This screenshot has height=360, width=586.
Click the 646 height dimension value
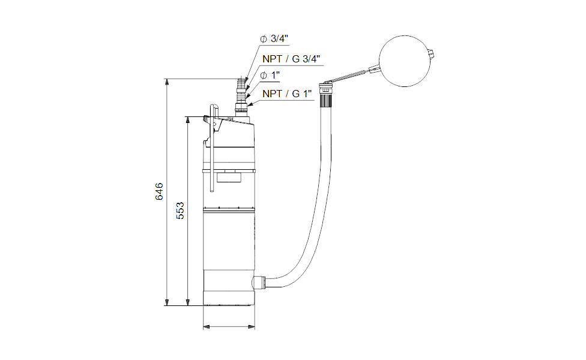(x=159, y=191)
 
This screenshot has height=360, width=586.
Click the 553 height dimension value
(x=180, y=211)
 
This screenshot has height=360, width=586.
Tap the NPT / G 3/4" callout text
(x=291, y=59)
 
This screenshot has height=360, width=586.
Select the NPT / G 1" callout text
(x=287, y=94)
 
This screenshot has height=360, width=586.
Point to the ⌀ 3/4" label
(x=274, y=39)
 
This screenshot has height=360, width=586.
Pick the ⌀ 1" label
(x=270, y=76)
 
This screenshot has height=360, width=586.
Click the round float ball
(x=405, y=61)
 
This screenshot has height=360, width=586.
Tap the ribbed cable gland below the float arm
(x=325, y=100)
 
